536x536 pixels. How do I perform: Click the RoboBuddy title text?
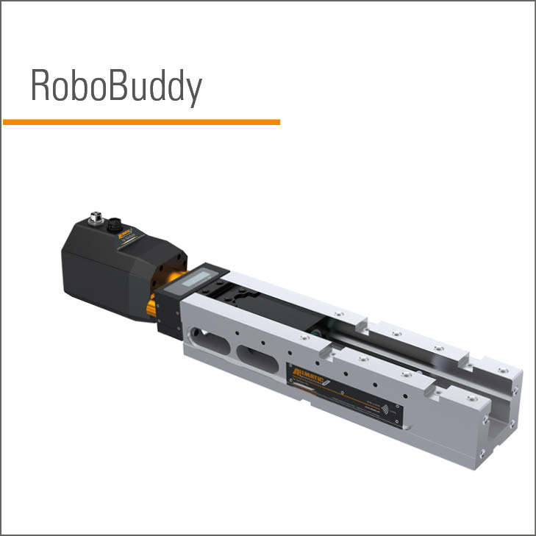[x=115, y=87]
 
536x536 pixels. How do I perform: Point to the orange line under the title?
[x=141, y=121]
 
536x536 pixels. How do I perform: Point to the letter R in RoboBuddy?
[x=40, y=87]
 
